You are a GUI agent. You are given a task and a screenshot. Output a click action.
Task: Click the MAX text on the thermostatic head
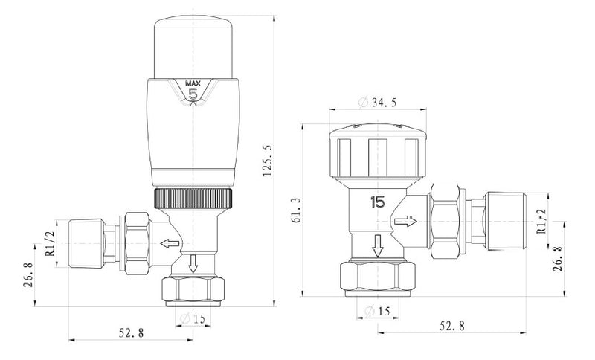192,83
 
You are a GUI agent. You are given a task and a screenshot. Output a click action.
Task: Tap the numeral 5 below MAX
192,94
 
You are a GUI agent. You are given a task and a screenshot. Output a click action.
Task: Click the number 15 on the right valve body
377,202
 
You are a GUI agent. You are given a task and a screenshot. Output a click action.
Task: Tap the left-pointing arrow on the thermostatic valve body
167,242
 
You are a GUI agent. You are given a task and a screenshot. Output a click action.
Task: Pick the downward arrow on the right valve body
377,245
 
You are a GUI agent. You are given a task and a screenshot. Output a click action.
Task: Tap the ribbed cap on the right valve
377,152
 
